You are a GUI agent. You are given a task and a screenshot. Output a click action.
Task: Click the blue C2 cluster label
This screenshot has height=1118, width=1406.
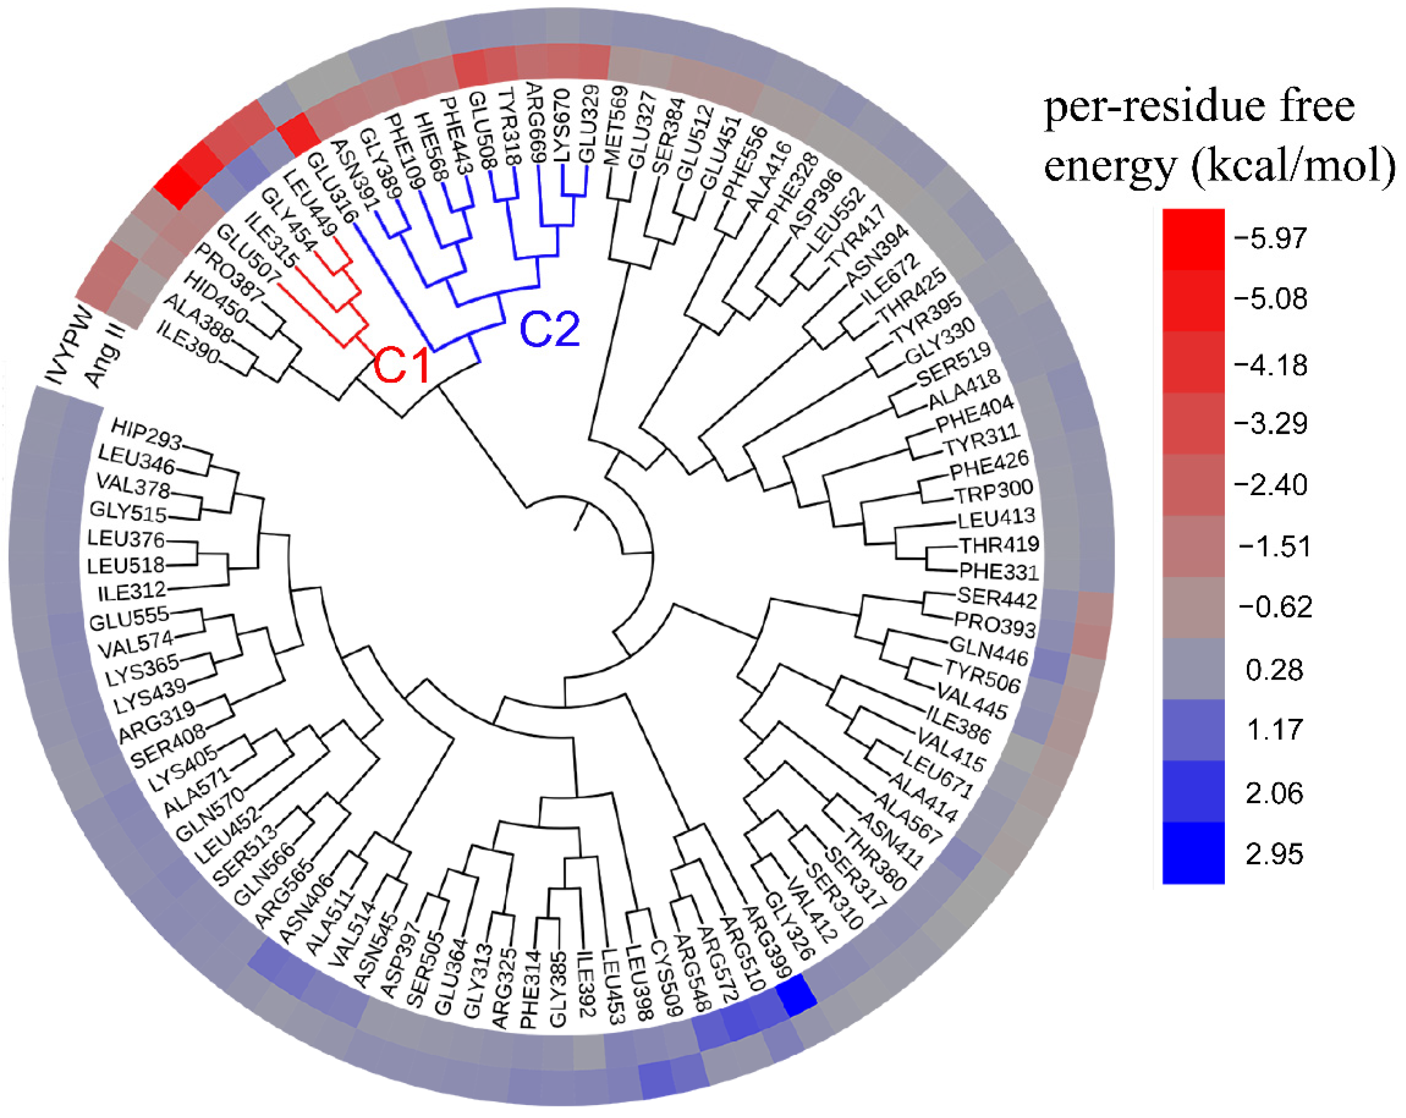click(x=550, y=329)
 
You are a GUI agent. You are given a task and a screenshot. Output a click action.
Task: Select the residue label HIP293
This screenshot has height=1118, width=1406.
click(x=146, y=435)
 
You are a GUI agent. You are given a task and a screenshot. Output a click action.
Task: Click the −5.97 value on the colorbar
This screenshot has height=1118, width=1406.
click(x=1270, y=237)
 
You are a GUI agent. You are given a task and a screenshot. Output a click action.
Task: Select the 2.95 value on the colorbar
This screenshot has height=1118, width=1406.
click(x=1274, y=854)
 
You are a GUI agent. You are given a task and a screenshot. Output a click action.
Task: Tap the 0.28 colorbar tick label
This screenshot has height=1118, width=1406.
click(x=1274, y=670)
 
